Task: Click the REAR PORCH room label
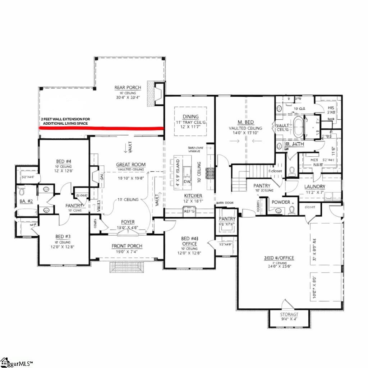[x=128, y=88]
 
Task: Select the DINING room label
[x=190, y=116]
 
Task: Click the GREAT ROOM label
[x=130, y=165]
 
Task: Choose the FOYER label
[x=128, y=222]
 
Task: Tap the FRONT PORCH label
[x=127, y=246]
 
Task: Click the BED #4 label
[x=63, y=161]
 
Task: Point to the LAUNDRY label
[x=314, y=187]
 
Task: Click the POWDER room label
[x=281, y=202]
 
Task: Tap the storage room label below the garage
[x=289, y=314]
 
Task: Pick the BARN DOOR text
[x=225, y=203]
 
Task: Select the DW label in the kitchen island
[x=187, y=182]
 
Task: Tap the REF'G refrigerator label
[x=189, y=212]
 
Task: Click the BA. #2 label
[x=26, y=202]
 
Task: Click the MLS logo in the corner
[x=16, y=362]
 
